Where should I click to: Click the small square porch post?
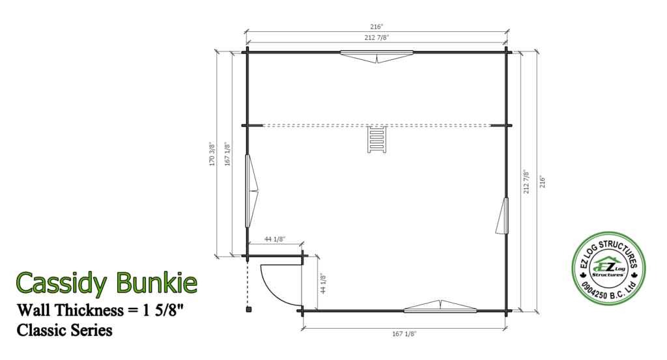click(x=248, y=310)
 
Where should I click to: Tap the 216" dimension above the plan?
click(x=376, y=27)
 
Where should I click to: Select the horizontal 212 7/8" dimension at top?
click(x=376, y=37)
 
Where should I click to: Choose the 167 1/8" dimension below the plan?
click(x=404, y=333)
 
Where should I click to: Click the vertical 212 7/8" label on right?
click(x=526, y=182)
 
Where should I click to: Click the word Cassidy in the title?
click(x=63, y=282)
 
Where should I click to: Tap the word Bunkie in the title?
click(x=156, y=282)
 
